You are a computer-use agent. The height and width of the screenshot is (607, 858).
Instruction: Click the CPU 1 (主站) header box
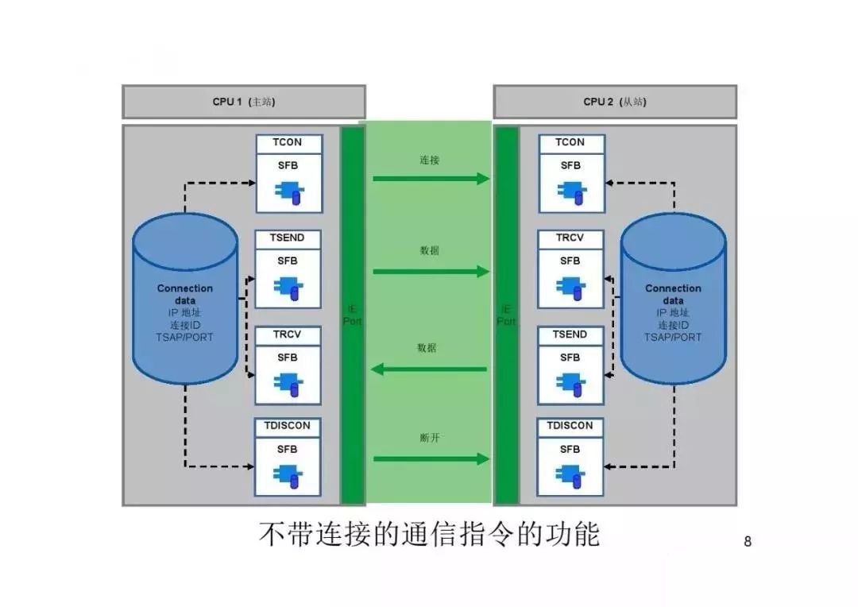pos(243,102)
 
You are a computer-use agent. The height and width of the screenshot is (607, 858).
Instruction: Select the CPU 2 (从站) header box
pos(614,102)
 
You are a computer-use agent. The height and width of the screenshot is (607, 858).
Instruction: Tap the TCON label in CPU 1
pos(289,143)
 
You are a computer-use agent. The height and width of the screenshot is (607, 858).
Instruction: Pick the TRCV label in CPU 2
pos(570,238)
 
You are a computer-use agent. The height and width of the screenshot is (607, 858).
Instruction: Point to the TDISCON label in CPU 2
pos(570,426)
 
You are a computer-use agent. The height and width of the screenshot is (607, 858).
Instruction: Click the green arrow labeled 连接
pos(431,179)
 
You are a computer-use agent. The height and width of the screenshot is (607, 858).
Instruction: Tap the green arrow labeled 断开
pos(431,458)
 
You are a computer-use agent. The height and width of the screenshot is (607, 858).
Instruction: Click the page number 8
pos(747,543)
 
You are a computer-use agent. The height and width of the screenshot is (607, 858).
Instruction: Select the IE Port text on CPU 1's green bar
pos(352,315)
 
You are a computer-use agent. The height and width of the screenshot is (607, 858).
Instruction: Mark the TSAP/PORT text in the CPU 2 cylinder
pos(673,337)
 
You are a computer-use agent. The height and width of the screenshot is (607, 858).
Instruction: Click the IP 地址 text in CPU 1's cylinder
pos(185,313)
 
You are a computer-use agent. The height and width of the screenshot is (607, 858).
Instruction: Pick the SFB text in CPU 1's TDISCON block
pos(288,449)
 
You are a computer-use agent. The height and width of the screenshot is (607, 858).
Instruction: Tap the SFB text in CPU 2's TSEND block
pos(570,358)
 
